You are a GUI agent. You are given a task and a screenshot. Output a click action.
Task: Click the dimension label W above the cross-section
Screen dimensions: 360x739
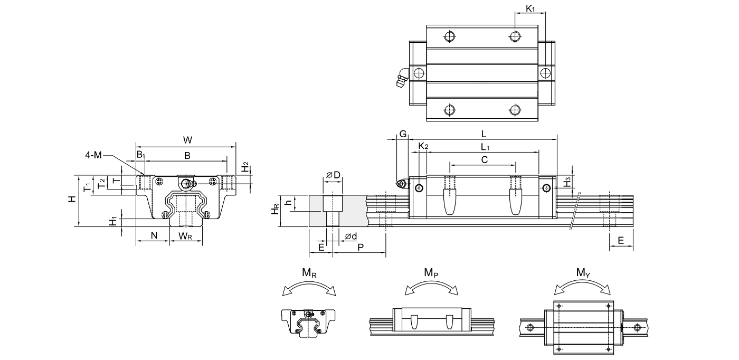point(187,140)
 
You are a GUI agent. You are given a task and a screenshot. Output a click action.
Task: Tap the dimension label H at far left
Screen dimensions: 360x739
point(72,199)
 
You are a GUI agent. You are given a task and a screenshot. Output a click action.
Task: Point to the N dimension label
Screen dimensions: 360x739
point(154,235)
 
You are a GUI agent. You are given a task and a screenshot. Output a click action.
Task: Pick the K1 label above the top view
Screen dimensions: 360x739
point(530,9)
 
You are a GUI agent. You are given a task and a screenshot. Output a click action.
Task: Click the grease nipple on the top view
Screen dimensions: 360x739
point(401,79)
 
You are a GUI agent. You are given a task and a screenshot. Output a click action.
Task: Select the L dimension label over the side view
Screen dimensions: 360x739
point(484,134)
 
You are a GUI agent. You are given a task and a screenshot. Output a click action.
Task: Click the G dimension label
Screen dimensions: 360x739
point(402,134)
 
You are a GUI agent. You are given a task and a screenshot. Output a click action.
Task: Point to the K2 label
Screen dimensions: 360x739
point(423,146)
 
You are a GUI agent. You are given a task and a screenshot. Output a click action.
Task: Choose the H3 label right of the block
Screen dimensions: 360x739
point(567,183)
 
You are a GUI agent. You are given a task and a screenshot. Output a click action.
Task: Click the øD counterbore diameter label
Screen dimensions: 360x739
point(333,174)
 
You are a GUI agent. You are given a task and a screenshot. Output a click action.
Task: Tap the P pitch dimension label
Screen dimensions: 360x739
point(361,247)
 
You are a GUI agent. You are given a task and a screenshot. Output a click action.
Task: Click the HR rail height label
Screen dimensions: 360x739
point(276,211)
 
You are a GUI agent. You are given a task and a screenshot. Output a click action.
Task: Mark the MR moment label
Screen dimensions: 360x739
point(309,273)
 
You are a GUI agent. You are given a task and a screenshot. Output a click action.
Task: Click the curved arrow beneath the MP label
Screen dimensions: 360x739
point(431,287)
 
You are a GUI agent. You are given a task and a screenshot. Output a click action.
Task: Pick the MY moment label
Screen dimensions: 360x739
point(583,273)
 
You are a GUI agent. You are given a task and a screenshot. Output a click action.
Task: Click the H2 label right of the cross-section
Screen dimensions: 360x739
point(245,167)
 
